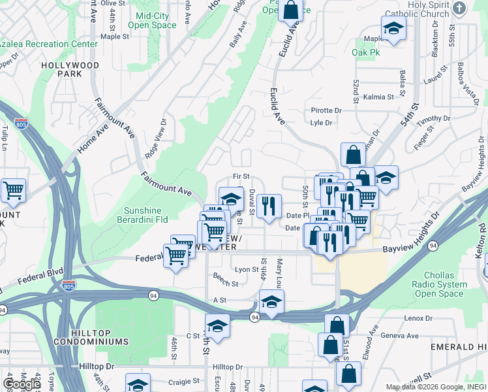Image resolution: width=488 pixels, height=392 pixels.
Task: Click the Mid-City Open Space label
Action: (x=156, y=20)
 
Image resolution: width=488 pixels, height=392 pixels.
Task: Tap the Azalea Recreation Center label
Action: (x=48, y=44)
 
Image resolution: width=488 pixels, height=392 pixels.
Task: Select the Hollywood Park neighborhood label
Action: (x=70, y=70)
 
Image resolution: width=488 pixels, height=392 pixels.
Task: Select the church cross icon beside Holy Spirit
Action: (x=460, y=8)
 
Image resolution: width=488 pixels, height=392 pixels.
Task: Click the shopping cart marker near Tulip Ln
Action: (x=13, y=191)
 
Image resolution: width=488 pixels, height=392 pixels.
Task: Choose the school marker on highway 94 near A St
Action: (x=271, y=302)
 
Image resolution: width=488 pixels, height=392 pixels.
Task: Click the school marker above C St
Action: (x=218, y=326)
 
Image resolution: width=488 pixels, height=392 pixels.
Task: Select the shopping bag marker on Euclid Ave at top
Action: (x=291, y=10)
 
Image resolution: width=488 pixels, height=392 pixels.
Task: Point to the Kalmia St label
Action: (x=379, y=97)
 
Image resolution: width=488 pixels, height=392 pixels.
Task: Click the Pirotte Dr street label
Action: (x=326, y=110)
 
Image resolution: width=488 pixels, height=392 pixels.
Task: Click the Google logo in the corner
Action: (x=22, y=384)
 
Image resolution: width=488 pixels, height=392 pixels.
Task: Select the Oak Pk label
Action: (x=365, y=52)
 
